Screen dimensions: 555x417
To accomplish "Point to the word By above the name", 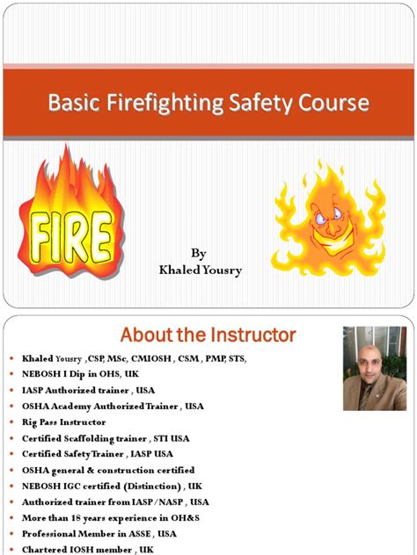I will pyautogui.click(x=199, y=254).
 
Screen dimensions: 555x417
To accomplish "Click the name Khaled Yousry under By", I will pyautogui.click(x=200, y=270).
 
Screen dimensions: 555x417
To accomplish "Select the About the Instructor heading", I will pyautogui.click(x=208, y=335).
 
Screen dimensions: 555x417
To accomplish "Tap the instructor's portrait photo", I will pyautogui.click(x=373, y=368).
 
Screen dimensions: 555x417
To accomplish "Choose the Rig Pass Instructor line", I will pyautogui.click(x=63, y=422).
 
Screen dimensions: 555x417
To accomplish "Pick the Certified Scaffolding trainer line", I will pyautogui.click(x=106, y=438).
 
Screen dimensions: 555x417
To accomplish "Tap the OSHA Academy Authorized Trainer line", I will pyautogui.click(x=113, y=407).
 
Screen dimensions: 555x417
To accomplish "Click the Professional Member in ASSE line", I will pyautogui.click(x=99, y=534).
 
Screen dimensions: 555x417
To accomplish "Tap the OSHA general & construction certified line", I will pyautogui.click(x=108, y=471).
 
